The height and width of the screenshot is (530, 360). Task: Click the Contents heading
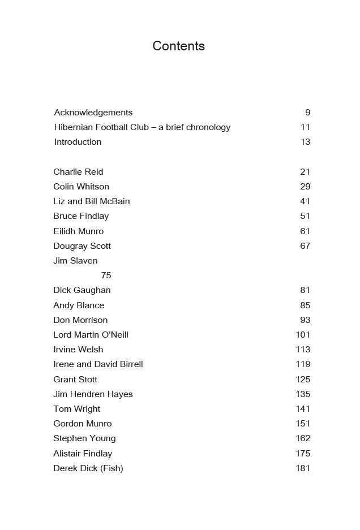point(178,46)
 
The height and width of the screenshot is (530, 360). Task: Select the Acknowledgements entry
point(93,113)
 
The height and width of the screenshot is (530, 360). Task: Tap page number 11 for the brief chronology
point(306,127)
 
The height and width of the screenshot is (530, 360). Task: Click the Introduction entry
point(78,142)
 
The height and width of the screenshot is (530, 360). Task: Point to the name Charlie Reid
point(78,172)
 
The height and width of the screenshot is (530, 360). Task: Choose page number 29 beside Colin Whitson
point(305,187)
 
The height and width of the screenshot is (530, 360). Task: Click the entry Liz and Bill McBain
point(92,201)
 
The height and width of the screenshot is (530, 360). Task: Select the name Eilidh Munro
point(78,231)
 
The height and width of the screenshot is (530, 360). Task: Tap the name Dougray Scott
point(82,246)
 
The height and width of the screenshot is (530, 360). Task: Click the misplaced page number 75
point(106,275)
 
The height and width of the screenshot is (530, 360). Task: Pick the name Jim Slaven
point(75,261)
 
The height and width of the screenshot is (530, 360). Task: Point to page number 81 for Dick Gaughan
point(305,290)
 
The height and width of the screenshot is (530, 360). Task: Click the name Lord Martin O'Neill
point(91,335)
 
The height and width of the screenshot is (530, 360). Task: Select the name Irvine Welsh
point(78,350)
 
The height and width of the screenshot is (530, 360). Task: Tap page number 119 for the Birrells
point(303,364)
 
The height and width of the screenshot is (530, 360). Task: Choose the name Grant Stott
point(75,380)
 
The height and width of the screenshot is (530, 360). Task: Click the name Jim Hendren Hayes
point(93,394)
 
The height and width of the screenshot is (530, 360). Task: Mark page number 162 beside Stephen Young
point(303,438)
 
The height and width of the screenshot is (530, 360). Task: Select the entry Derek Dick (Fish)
point(88,468)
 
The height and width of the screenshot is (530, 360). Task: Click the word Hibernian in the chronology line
point(74,127)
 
